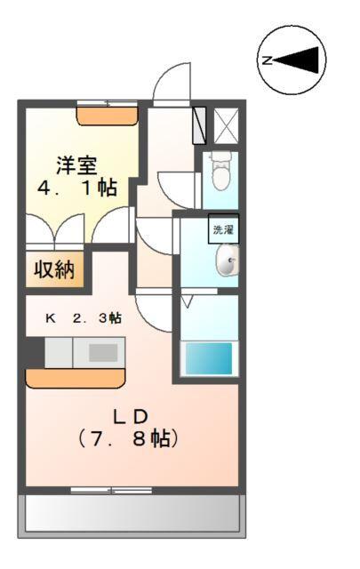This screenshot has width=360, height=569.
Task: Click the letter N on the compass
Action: pos(267,60)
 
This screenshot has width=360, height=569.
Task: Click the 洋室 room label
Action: pos(77,164)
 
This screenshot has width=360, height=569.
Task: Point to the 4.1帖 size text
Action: pos(77,188)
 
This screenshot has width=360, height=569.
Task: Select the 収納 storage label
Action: pos(54,268)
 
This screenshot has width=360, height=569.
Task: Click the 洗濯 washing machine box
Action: pos(222,230)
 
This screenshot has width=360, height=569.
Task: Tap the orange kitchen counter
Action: pos(75,379)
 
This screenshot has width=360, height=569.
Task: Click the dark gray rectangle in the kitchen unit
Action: pos(102,352)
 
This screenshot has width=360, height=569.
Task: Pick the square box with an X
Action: pos(226,124)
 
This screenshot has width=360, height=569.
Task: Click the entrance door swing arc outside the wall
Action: pos(171,82)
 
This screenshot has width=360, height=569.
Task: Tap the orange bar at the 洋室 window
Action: pos(108,113)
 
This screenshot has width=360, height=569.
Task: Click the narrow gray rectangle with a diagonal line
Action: pos(199,124)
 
